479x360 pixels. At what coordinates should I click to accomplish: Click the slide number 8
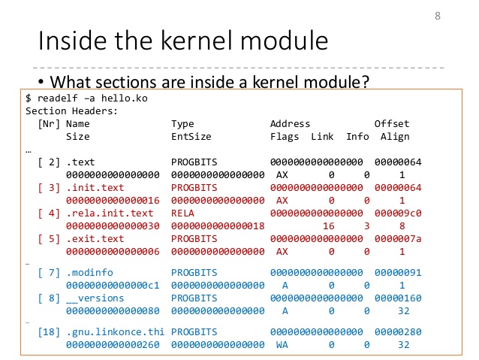[438, 17]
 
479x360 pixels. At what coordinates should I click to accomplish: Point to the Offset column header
[392, 124]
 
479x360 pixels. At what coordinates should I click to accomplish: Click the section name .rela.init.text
[110, 213]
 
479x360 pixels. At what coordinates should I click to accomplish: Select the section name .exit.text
[95, 239]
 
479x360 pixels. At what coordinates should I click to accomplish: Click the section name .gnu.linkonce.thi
[115, 332]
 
